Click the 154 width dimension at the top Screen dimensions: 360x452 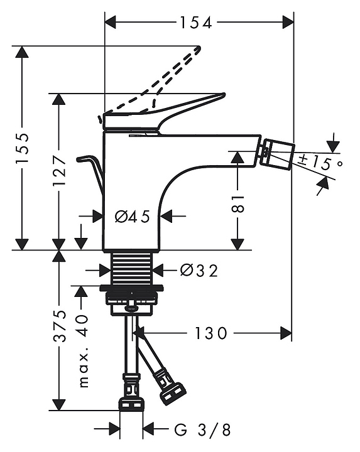coord(196,23)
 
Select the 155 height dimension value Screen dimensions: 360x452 coord(22,148)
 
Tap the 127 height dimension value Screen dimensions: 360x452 coord(59,171)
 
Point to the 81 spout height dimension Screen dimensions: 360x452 coord(237,204)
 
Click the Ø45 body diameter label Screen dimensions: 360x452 coord(133,216)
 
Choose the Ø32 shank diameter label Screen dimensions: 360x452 coord(199,271)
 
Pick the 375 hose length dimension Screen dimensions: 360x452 coord(60,326)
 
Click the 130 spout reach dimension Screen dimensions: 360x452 coord(211,333)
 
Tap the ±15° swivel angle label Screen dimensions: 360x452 coord(320,163)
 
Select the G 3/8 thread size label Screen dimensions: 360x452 coord(202,431)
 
